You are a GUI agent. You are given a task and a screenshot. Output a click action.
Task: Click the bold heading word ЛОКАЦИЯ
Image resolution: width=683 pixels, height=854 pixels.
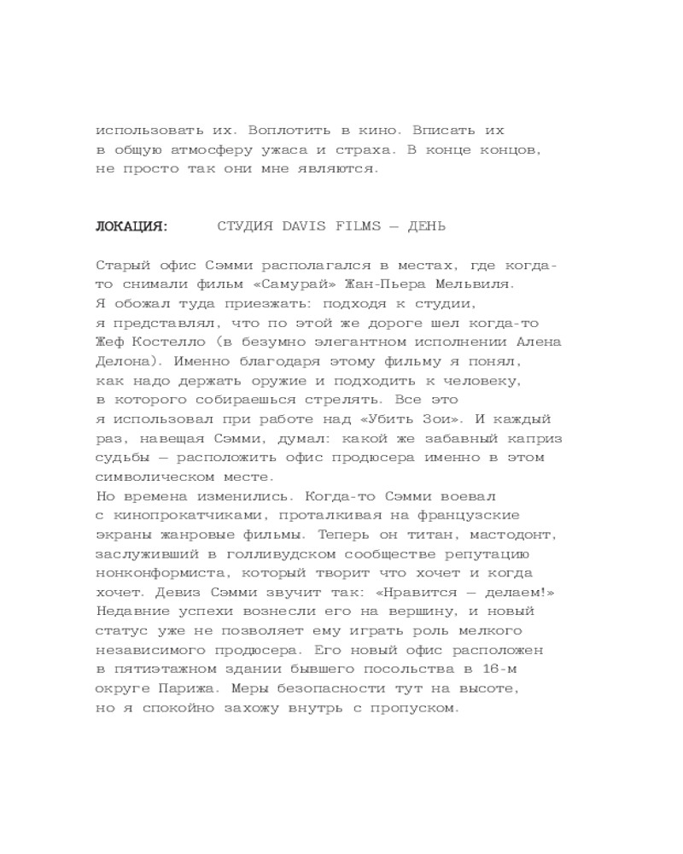(x=131, y=226)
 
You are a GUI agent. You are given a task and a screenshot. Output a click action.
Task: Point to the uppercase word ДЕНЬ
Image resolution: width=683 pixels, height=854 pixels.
(x=427, y=226)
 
